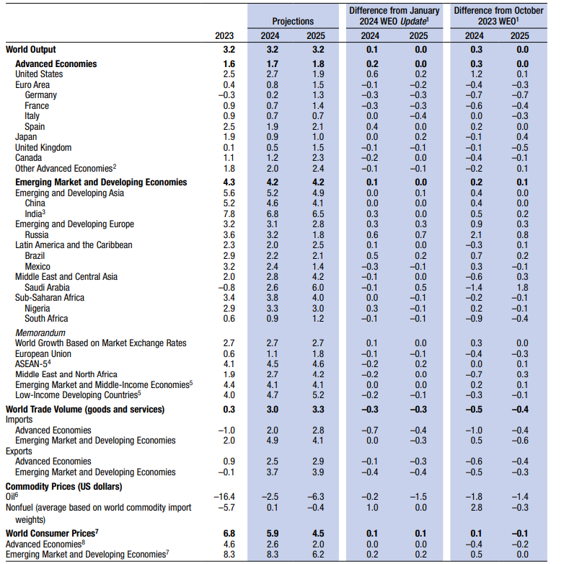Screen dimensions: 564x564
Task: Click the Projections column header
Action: coord(292,21)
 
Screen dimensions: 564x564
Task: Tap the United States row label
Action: coord(39,74)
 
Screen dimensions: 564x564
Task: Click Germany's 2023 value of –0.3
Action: coord(227,95)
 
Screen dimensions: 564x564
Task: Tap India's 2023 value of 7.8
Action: coord(229,214)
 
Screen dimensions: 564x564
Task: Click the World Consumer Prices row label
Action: coord(52,533)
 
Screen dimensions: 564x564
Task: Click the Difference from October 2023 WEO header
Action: coord(498,16)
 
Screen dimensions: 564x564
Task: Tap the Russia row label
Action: coord(37,235)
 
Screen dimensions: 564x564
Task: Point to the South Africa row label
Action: coord(47,319)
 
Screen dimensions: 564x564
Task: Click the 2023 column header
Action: coord(225,36)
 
